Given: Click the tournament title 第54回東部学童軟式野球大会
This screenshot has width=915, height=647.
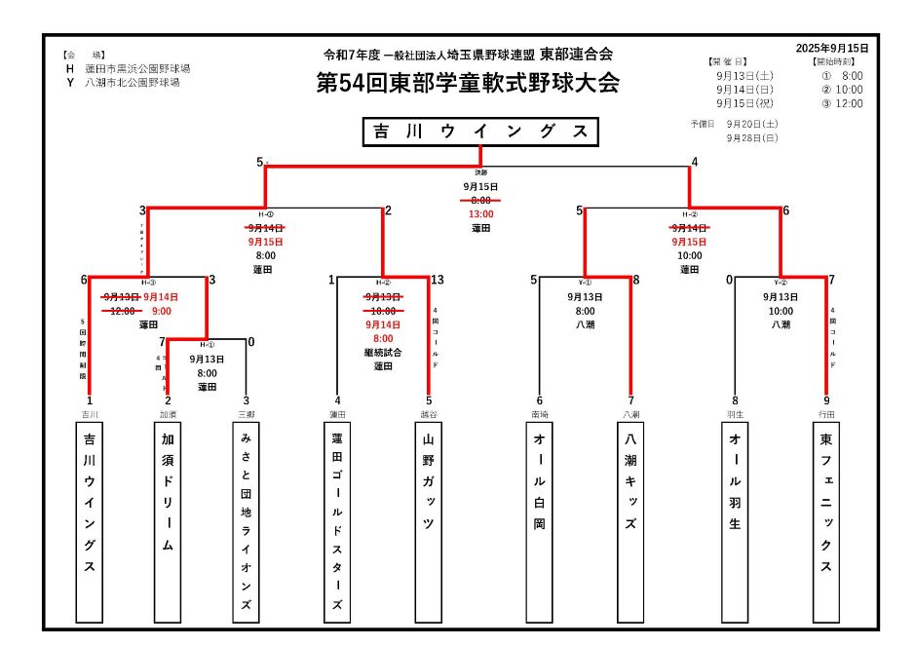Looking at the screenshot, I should coord(468,84).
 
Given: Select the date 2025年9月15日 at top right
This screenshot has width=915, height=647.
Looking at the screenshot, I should coord(831,48).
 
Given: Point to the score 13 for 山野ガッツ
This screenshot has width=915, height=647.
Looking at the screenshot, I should coord(437,280).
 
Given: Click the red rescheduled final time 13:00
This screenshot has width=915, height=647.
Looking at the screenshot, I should coord(480,214).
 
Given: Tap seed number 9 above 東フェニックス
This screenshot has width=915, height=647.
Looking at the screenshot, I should coord(826,400).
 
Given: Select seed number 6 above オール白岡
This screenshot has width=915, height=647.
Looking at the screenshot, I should coord(539,400).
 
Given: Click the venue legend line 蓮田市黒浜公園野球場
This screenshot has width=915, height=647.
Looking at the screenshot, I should coord(136,69).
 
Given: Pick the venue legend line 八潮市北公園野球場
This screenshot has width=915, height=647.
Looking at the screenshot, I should coord(132,83).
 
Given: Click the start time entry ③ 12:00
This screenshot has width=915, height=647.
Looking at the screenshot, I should coord(842,103).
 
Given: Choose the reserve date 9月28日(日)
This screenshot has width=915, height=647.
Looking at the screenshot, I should coord(751,138).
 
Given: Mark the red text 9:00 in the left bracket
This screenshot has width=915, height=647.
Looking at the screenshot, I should coord(162,311).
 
